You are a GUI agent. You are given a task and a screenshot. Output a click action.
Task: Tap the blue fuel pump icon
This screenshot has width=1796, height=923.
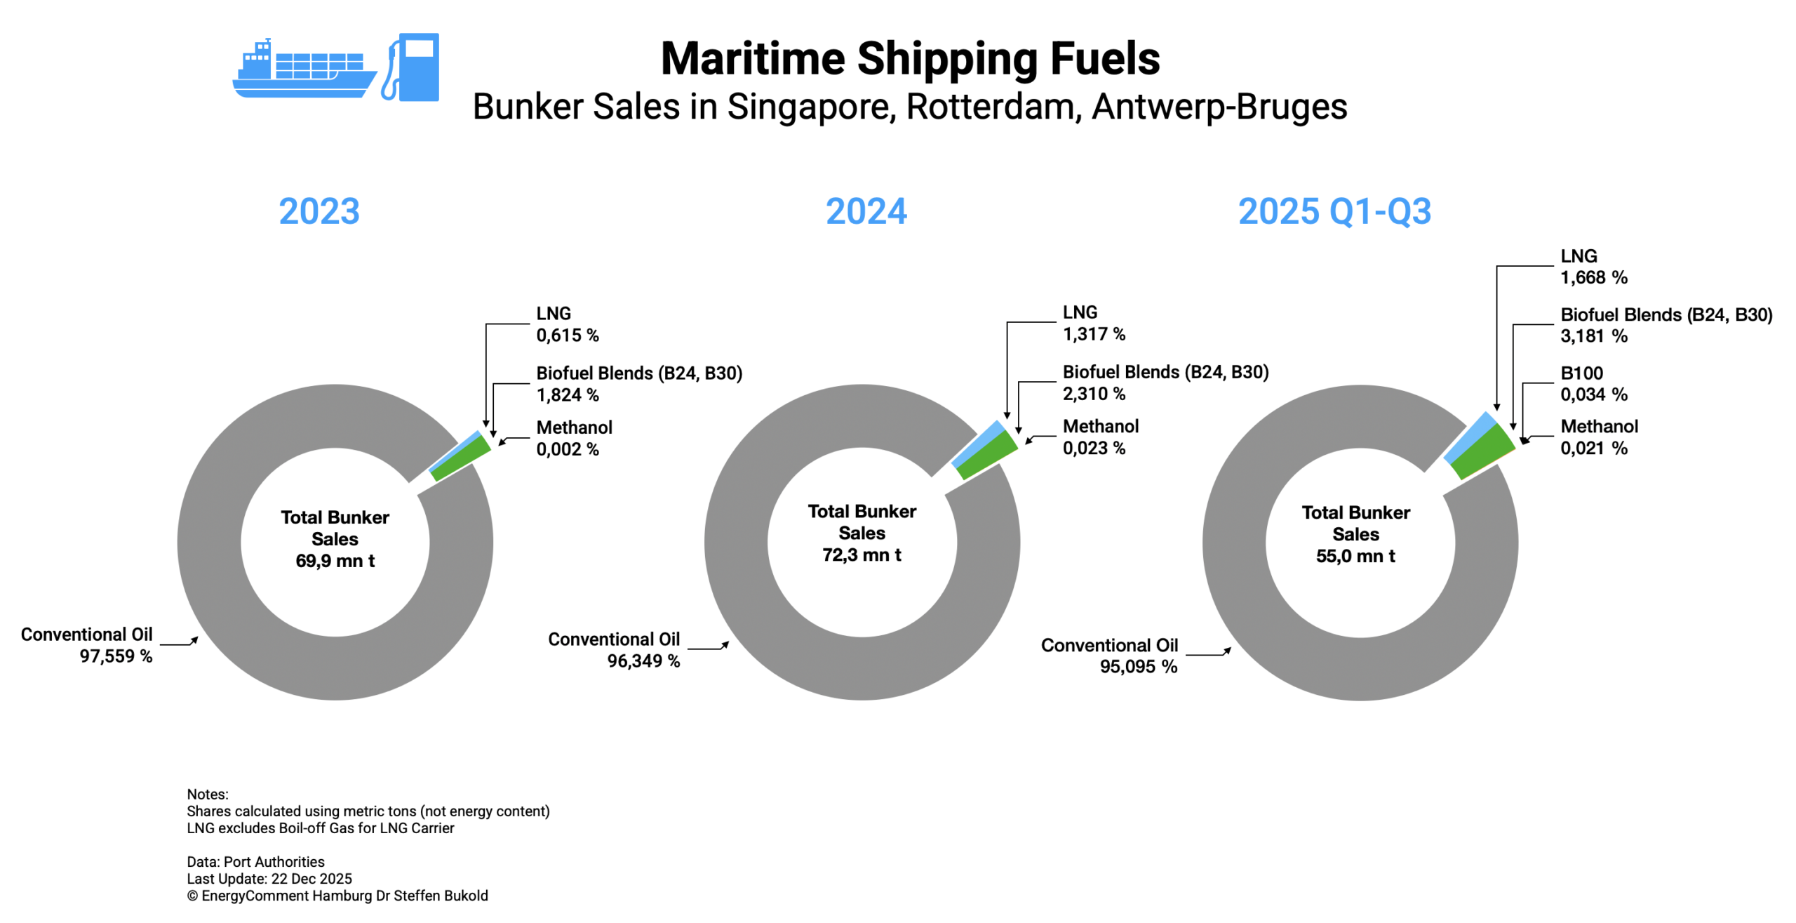[413, 67]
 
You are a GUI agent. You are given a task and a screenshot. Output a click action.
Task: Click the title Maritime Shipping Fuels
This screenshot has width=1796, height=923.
[910, 58]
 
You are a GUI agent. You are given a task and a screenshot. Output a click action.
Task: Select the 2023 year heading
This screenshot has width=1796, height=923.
[319, 211]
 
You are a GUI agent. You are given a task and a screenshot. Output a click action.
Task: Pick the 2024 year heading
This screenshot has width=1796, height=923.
[866, 211]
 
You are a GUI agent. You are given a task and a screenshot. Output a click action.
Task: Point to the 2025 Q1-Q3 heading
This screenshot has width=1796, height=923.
[1334, 211]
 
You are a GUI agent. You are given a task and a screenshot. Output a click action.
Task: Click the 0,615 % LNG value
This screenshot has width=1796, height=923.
[568, 336]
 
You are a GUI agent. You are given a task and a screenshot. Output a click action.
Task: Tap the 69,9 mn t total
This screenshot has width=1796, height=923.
[335, 562]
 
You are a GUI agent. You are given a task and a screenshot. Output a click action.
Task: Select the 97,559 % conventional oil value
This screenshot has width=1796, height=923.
[116, 656]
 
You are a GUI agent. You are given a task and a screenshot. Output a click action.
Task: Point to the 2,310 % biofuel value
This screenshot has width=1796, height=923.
[1094, 394]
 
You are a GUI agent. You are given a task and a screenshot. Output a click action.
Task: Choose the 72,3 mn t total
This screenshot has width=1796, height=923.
[862, 555]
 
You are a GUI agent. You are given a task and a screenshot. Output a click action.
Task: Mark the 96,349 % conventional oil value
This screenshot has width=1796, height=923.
[643, 661]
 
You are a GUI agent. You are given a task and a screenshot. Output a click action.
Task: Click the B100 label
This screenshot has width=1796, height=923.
[1581, 373]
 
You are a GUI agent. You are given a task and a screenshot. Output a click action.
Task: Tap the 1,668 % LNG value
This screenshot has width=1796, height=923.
[1593, 278]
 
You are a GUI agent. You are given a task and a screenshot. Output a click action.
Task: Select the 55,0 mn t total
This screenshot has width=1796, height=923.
[1355, 557]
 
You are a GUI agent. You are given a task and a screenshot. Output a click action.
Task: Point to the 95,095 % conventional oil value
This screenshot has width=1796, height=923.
[1138, 667]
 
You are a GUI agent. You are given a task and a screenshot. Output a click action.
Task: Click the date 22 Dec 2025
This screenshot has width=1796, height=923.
[311, 879]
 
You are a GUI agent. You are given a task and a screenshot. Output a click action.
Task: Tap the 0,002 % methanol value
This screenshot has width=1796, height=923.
[568, 449]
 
